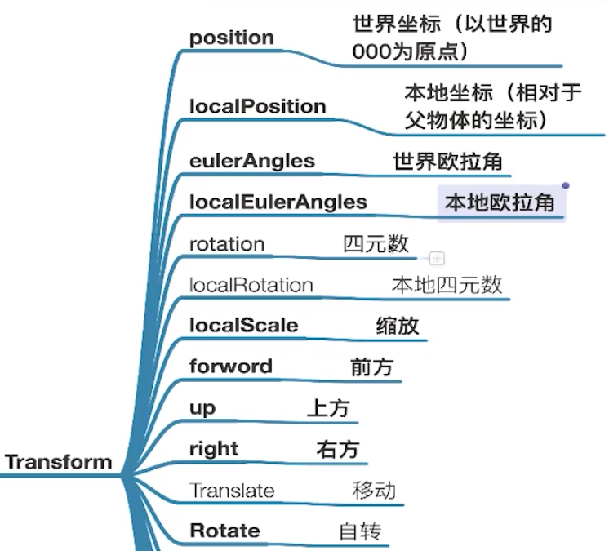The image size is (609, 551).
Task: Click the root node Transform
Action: tap(59, 462)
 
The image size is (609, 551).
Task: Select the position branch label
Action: tap(232, 38)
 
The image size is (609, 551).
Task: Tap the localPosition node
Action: tap(257, 107)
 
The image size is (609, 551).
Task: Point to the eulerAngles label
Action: tap(251, 161)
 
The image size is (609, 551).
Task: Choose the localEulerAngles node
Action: tap(278, 202)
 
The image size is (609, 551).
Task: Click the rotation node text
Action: tap(227, 244)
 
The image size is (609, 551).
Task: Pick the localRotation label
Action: tap(251, 285)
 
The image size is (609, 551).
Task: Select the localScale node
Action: tap(243, 326)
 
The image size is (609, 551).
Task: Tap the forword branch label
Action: tap(230, 367)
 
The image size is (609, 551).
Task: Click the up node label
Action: tap(202, 407)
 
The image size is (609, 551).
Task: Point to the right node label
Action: tap(213, 449)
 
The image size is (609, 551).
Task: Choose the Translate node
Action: tap(232, 491)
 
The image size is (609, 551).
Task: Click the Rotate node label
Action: tap(224, 531)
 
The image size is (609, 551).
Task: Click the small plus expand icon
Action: tap(437, 259)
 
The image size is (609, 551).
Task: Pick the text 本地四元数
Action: tap(447, 285)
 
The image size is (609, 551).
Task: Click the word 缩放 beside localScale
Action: tap(398, 326)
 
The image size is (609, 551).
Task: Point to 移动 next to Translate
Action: tap(374, 491)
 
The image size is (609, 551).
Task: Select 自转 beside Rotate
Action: tap(360, 532)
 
